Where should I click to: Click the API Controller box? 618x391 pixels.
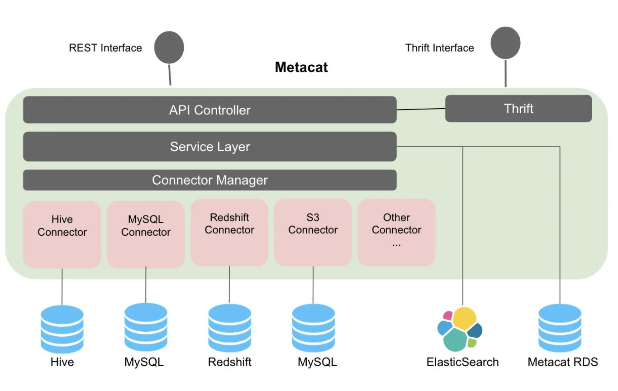pos(209,110)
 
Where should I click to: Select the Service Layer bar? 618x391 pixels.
pos(209,147)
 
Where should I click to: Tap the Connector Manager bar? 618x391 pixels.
pos(209,180)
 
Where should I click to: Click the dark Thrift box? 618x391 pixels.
pos(518,109)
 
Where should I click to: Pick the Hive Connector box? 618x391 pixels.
pos(62,234)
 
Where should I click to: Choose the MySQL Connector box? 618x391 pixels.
pos(146,234)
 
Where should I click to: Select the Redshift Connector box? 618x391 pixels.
pos(229,233)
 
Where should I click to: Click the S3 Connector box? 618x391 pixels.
pos(313,233)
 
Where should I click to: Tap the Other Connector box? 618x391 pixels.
pos(396,233)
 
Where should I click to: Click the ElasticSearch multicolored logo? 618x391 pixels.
pos(460,329)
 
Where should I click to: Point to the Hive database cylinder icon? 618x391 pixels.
pos(62,329)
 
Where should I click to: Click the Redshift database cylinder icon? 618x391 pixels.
pos(229,328)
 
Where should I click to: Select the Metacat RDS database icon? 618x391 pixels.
pos(560,328)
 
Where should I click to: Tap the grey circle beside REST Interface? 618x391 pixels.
pos(169,47)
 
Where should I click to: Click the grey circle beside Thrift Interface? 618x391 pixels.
pos(505,43)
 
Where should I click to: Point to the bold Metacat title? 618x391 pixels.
pos(301,67)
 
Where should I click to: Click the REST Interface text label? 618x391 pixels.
pos(105,48)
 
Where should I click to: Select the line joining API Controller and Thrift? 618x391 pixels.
pos(421,109)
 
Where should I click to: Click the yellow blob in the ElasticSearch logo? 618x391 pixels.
pos(465,319)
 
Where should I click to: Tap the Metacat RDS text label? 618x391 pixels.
pos(563,362)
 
